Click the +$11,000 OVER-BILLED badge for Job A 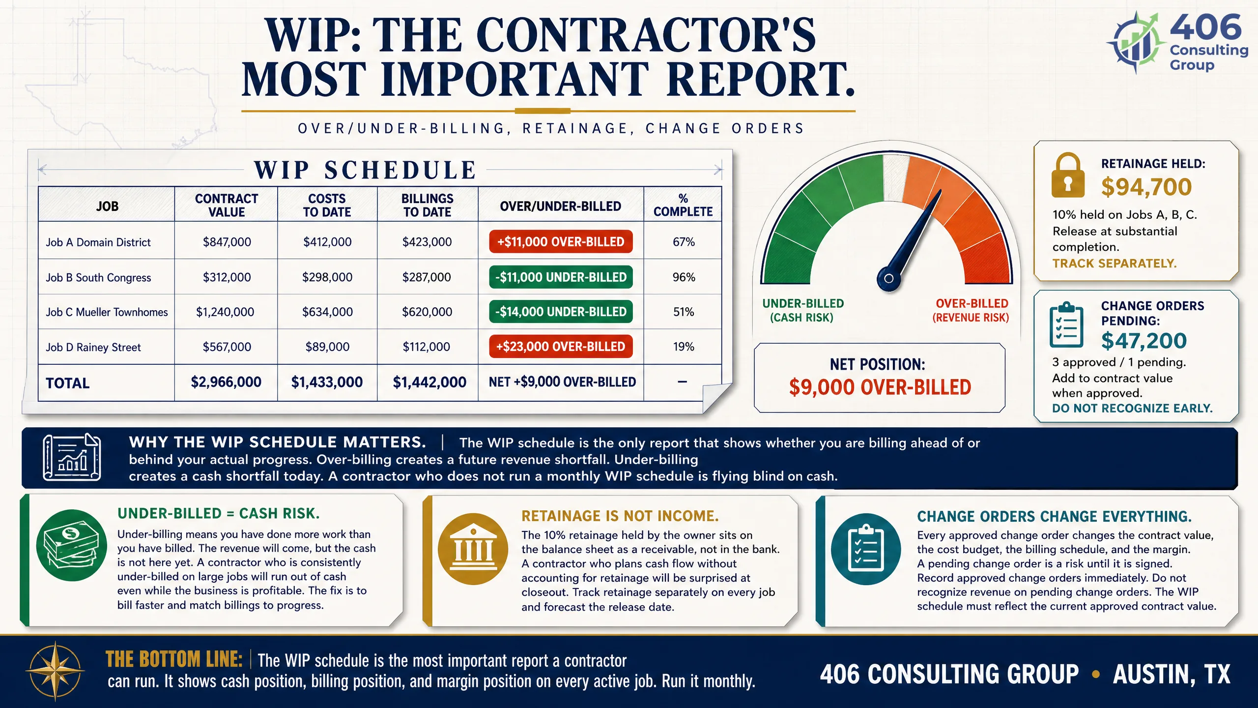click(x=561, y=241)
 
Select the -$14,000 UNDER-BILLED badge click(x=561, y=312)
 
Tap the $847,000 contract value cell click(x=227, y=242)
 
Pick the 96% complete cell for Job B click(x=684, y=277)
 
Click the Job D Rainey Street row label click(x=93, y=347)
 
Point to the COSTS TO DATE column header click(x=327, y=205)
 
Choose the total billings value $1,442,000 click(x=429, y=382)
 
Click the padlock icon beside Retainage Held click(x=1068, y=175)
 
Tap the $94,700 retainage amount click(x=1146, y=187)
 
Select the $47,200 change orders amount click(x=1144, y=341)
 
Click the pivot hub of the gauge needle click(x=889, y=278)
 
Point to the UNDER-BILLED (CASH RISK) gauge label click(x=803, y=310)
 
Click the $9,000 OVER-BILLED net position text click(x=880, y=387)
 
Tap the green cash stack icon click(x=72, y=545)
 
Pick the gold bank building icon click(x=473, y=549)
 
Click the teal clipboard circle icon click(x=866, y=549)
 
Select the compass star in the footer click(x=56, y=671)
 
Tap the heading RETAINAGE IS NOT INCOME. click(x=620, y=516)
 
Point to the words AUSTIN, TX click(x=1172, y=674)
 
